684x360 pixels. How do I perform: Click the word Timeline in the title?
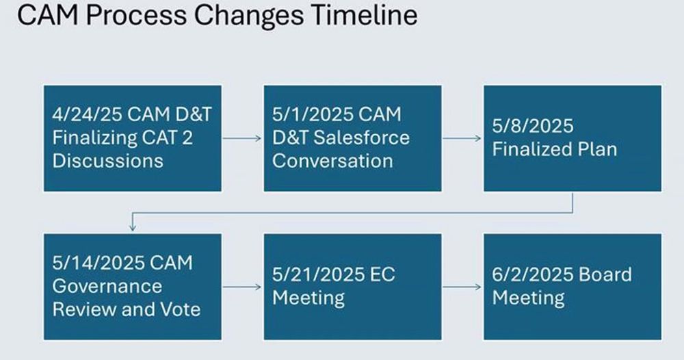pos(365,15)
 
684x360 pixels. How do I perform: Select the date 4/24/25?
pos(88,114)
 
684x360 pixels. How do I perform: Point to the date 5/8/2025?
pos(533,126)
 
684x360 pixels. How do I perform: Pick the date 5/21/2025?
pos(319,274)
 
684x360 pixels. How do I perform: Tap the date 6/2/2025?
pos(533,274)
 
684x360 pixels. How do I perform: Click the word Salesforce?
pos(362,138)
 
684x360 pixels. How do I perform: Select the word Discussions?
pos(108,161)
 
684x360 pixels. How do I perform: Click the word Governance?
pos(107,286)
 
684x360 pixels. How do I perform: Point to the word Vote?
pos(181,309)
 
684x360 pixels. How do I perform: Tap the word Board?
pos(605,274)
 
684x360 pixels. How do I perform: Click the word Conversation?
pos(332,161)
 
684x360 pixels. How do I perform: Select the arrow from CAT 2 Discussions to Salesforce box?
pos(242,138)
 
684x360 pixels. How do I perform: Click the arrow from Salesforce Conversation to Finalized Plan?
pos(462,138)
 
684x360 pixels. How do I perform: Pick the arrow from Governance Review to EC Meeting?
pos(242,287)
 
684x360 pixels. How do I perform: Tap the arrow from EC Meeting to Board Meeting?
pos(462,287)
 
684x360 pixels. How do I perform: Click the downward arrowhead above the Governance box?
pos(133,227)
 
